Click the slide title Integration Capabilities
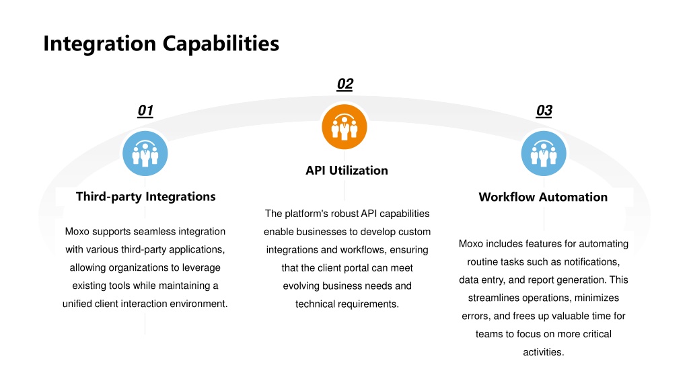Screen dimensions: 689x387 pos(161,44)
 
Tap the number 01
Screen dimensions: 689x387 pos(145,110)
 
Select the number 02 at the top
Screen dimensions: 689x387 pos(345,84)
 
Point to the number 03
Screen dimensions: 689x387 pos(544,110)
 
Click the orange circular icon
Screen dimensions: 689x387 pos(344,127)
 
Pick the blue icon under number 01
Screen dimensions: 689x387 pos(145,153)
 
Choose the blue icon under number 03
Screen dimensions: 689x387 pos(544,153)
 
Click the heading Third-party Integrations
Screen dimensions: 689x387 pos(145,197)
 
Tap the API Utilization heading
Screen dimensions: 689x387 pos(347,170)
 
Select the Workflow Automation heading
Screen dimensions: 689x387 pos(543,197)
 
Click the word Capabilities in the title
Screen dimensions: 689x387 pos(221,44)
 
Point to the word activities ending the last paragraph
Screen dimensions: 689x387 pos(544,352)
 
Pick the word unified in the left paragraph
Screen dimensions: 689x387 pos(77,304)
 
